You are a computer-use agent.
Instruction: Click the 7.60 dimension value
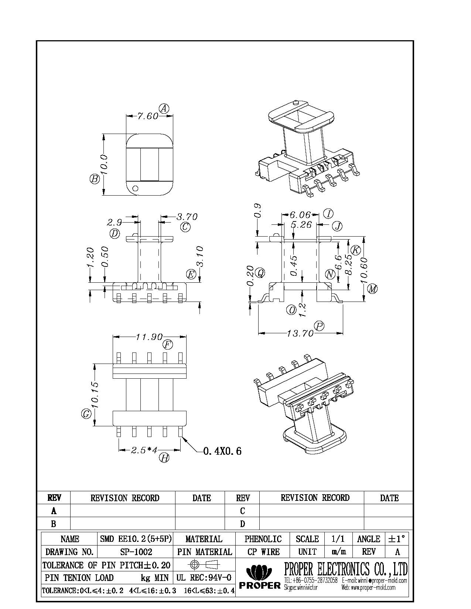point(148,116)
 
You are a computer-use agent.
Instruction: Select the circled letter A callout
point(164,108)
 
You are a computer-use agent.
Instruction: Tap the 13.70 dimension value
point(300,333)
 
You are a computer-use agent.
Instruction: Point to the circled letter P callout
point(319,326)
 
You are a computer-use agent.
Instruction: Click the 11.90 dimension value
point(149,337)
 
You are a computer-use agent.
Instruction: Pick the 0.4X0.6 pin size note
point(222,451)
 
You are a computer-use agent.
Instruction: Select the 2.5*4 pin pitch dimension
point(144,450)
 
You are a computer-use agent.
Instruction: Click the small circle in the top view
point(135,188)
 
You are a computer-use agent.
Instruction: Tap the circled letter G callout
point(86,414)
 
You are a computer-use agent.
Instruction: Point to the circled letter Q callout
point(261,273)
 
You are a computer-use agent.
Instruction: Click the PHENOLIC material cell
point(263,539)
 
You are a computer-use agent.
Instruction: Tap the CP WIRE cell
point(263,552)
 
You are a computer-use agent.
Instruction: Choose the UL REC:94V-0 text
point(204,578)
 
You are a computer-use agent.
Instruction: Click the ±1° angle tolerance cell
point(397,539)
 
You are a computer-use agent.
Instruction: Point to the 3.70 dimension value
point(187,216)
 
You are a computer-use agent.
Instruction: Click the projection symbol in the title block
point(204,565)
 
